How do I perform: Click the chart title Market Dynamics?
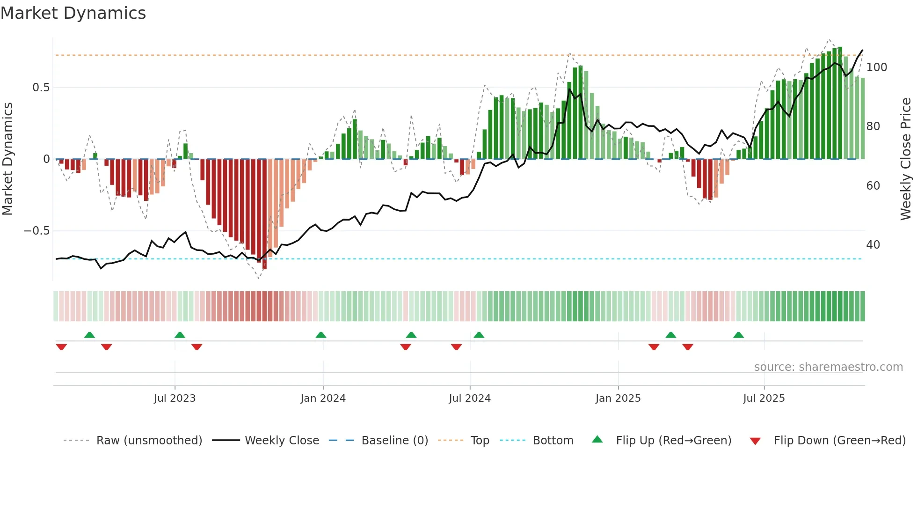73,13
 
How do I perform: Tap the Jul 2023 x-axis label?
175,398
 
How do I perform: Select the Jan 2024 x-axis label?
323,398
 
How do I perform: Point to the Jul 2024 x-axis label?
470,398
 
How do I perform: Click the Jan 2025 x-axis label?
618,398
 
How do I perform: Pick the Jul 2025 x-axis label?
764,398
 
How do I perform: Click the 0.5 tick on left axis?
41,88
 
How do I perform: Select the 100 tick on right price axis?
876,67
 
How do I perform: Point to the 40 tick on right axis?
873,245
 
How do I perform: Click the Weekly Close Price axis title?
906,159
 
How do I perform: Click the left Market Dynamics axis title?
7,159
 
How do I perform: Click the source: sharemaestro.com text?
828,367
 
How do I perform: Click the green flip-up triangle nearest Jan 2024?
320,335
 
